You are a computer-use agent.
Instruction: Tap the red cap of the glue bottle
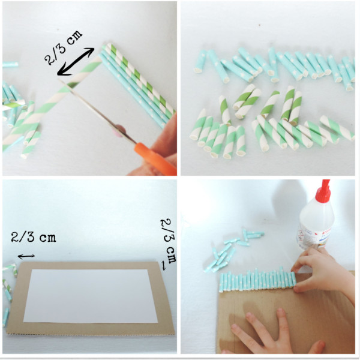tap(323, 191)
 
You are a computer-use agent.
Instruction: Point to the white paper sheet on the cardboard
tap(90, 296)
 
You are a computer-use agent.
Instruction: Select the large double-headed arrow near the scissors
tap(76, 62)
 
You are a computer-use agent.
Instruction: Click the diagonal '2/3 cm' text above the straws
tap(63, 47)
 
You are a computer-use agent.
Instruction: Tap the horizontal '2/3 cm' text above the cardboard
tap(34, 237)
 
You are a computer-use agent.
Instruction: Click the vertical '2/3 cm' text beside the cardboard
tap(169, 241)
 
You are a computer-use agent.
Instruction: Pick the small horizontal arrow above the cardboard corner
tap(26, 256)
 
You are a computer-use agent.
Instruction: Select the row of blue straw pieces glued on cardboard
tap(257, 281)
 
